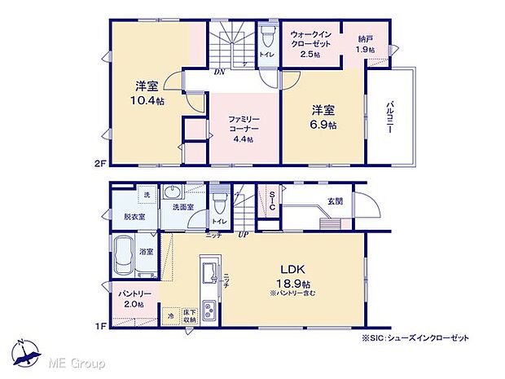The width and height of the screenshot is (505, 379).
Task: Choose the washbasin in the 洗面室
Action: click(173, 193)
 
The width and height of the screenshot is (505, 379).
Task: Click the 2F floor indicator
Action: click(100, 162)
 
